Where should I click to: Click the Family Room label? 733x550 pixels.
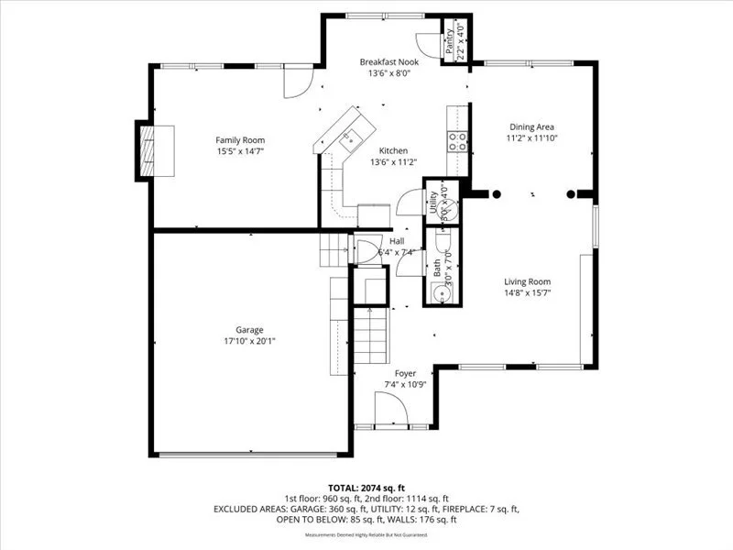[240, 140]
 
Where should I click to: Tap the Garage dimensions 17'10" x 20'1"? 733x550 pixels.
[249, 341]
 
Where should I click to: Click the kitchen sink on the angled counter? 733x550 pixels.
[348, 139]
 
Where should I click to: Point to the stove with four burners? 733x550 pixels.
[457, 140]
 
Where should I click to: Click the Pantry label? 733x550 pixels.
[449, 42]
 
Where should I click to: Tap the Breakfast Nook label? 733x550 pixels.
[388, 60]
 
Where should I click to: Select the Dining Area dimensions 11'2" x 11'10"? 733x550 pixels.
[532, 138]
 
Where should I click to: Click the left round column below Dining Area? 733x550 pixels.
[496, 193]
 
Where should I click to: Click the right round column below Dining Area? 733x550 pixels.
[571, 193]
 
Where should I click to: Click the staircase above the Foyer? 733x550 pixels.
[372, 335]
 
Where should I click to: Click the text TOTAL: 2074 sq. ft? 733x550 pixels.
[366, 487]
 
